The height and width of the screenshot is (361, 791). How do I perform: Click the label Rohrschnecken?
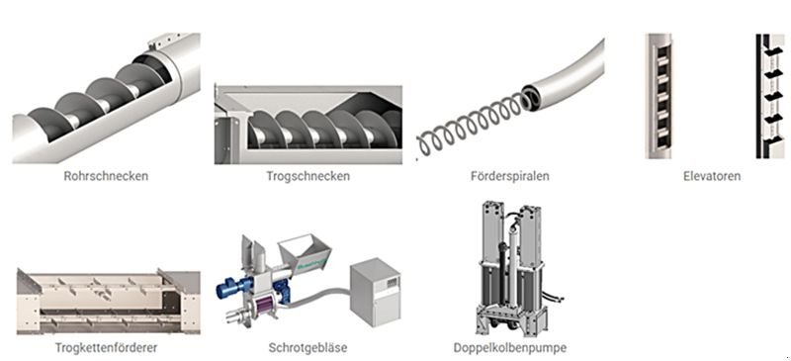(x=106, y=177)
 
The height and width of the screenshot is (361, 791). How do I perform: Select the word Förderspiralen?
(x=510, y=177)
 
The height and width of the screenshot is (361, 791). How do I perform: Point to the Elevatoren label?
(x=711, y=177)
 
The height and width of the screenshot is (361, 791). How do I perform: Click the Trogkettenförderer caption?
(x=108, y=348)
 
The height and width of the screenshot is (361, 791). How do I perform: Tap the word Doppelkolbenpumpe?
(x=509, y=348)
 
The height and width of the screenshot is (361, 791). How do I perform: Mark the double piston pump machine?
(x=510, y=267)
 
